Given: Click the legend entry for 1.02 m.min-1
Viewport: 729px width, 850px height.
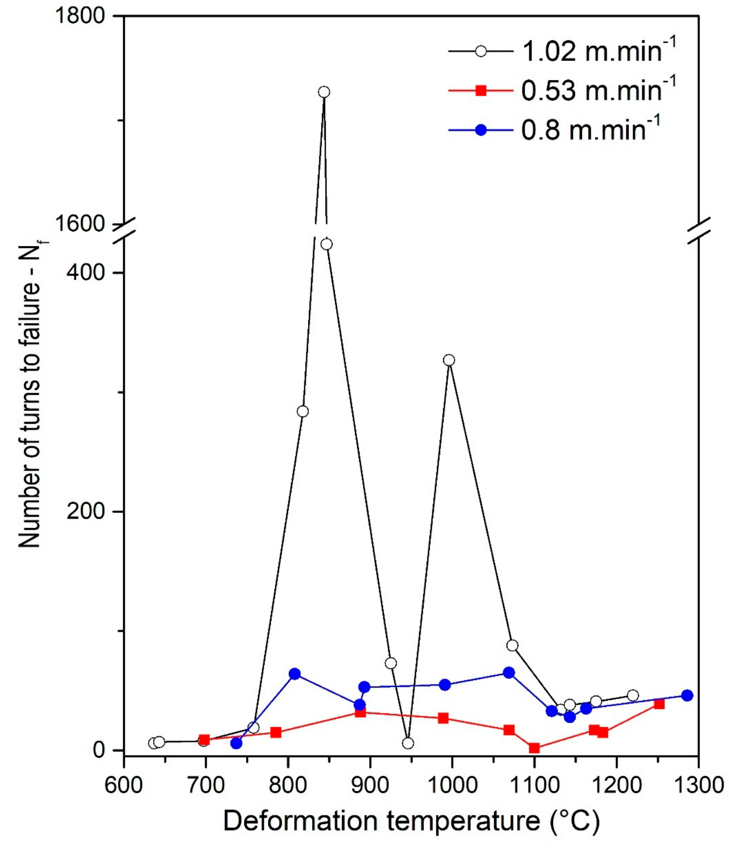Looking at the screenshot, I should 562,52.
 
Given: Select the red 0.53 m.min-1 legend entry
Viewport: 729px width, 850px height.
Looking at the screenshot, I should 562,90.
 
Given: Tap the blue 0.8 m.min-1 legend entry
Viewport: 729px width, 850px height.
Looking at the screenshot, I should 555,130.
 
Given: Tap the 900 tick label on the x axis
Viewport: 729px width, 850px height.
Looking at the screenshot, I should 370,785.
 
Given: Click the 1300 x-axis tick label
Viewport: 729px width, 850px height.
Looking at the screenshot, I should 699,785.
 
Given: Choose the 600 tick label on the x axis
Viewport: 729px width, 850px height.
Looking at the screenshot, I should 124,785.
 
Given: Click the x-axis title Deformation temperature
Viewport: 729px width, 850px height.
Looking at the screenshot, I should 411,821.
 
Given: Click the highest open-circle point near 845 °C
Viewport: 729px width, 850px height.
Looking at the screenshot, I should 324,92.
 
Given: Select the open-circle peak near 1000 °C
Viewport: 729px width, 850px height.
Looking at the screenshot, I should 449,360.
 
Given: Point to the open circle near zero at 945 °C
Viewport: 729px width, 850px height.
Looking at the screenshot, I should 408,743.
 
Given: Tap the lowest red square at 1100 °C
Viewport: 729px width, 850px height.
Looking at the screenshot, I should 534,748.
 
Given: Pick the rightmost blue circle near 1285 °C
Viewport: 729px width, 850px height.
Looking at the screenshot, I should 687,695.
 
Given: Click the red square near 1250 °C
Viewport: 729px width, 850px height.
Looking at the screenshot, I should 659,704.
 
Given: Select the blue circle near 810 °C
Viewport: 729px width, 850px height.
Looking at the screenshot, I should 295,674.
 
